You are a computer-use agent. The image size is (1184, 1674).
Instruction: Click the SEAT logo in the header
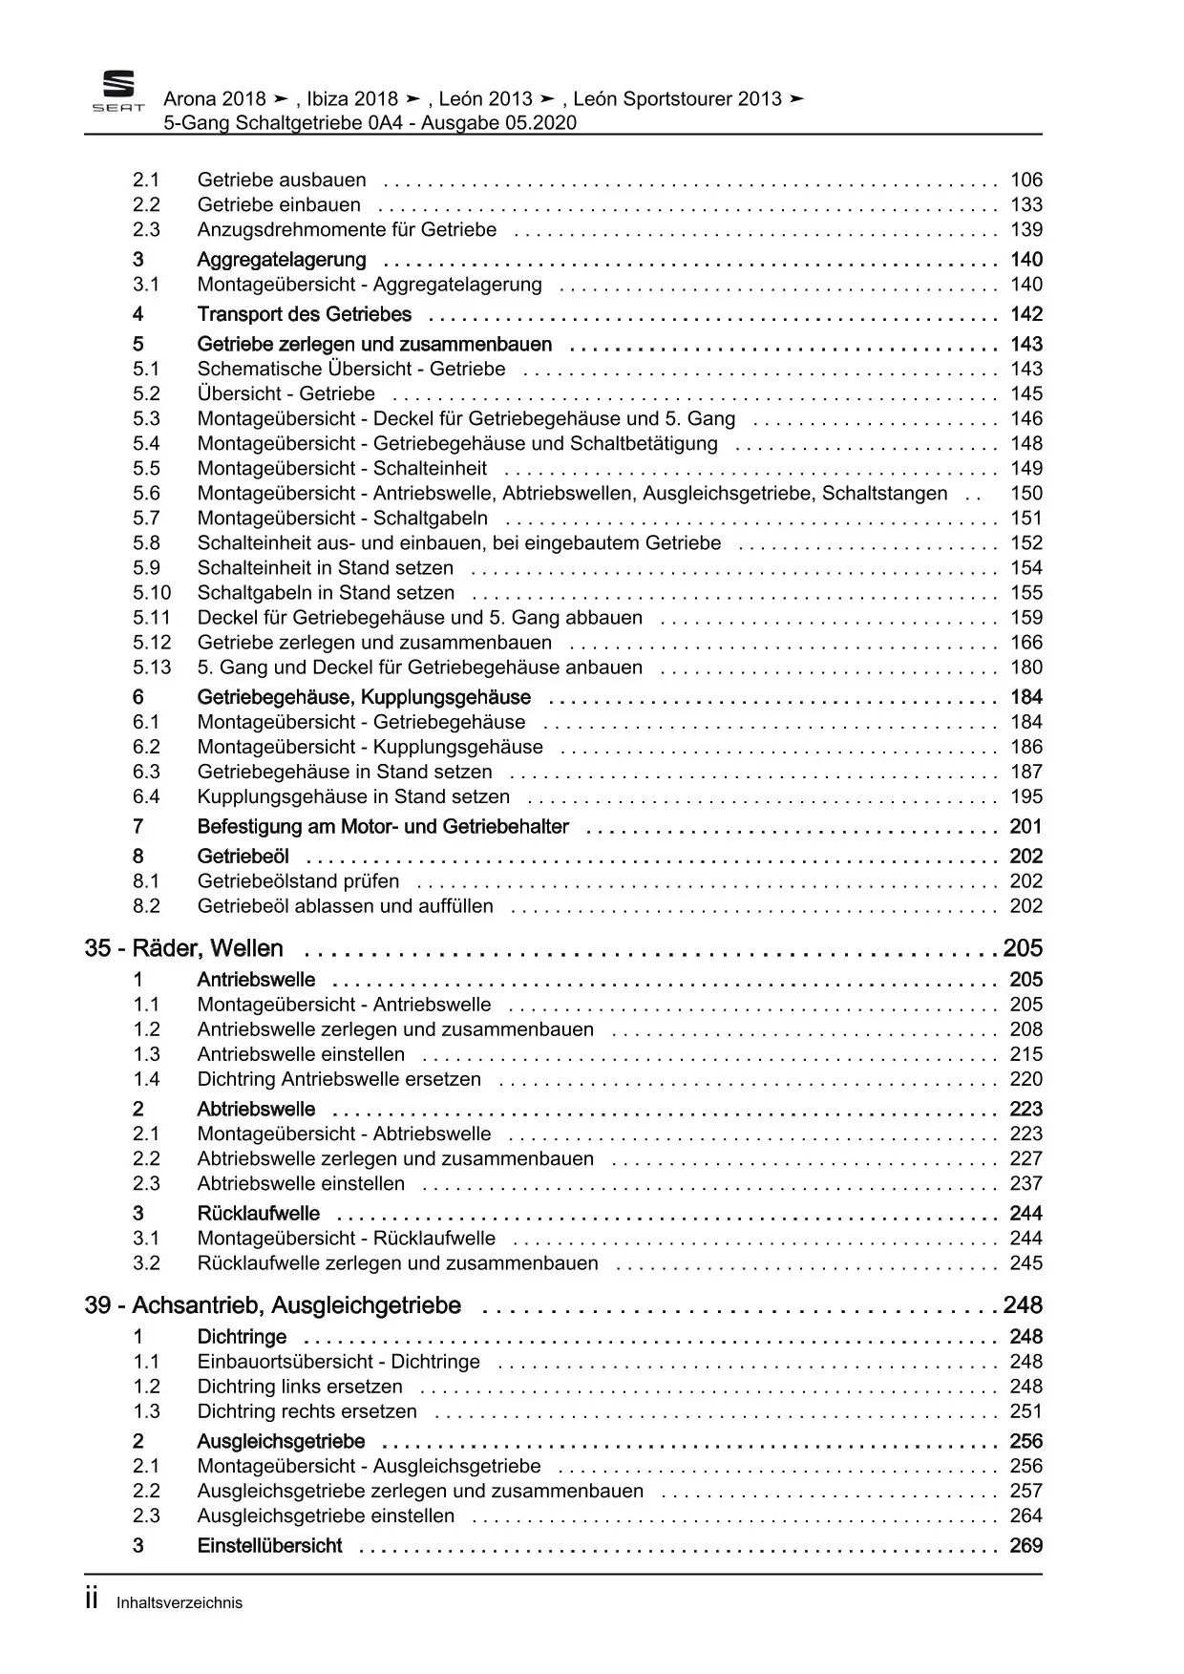tap(118, 92)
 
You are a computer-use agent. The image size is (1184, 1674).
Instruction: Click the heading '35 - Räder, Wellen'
tap(184, 948)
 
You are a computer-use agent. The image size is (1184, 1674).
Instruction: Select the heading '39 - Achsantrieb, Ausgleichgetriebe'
tap(273, 1305)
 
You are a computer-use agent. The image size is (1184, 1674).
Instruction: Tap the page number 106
tap(1026, 180)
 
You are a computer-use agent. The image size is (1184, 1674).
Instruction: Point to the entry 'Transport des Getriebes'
tap(304, 314)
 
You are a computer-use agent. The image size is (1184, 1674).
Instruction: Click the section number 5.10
tap(152, 593)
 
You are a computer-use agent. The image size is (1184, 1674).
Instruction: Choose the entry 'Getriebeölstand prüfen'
tap(298, 881)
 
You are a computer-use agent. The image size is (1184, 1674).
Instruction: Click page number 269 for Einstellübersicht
tap(1026, 1546)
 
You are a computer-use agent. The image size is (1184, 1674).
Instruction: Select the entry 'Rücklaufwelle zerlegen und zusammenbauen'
tap(397, 1263)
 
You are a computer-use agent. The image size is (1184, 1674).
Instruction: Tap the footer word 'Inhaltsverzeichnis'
tap(180, 1603)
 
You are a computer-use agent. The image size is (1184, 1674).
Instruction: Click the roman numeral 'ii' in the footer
tap(93, 1601)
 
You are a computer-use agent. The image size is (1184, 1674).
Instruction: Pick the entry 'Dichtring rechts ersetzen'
tap(307, 1411)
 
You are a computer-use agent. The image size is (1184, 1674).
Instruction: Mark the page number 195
tap(1026, 796)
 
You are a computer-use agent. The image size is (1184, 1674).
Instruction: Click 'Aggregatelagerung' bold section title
tap(282, 260)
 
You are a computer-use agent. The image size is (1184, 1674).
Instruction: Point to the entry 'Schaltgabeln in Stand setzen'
tap(326, 593)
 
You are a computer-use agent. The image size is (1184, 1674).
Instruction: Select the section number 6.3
tap(146, 772)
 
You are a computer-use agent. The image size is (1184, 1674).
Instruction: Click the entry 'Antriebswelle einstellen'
tap(301, 1054)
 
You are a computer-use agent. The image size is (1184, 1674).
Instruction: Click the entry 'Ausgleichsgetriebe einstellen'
tap(326, 1515)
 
